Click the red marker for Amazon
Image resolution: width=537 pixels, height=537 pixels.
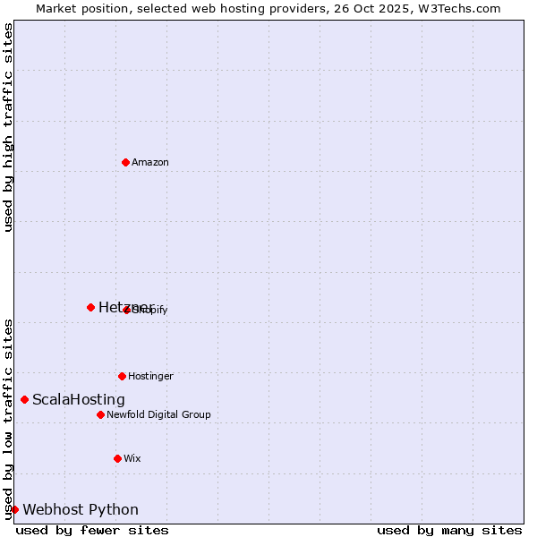pos(125,162)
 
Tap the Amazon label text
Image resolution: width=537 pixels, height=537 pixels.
pos(149,162)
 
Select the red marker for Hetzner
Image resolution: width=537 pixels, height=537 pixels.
pos(90,307)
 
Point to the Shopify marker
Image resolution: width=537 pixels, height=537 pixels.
pos(127,310)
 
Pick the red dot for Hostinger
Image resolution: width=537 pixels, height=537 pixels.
pos(122,376)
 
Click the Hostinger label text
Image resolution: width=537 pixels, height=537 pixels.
pos(150,376)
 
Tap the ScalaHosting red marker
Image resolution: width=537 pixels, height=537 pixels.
pos(24,399)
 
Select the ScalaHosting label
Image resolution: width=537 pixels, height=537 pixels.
pos(79,399)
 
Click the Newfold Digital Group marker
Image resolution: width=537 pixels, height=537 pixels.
pos(100,414)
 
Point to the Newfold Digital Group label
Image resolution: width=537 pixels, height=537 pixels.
pos(158,414)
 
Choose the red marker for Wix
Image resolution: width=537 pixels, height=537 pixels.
pos(117,458)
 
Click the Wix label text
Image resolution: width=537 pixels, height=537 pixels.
pos(132,458)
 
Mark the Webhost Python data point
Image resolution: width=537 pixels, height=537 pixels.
pos(14,509)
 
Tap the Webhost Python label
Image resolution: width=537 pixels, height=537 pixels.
pos(81,509)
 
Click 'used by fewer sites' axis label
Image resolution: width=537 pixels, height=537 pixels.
pos(92,530)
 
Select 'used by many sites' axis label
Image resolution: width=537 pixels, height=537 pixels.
pos(449,530)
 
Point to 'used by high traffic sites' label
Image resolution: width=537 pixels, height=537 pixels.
pos(8,127)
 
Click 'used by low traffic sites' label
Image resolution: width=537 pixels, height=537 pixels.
pos(8,419)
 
